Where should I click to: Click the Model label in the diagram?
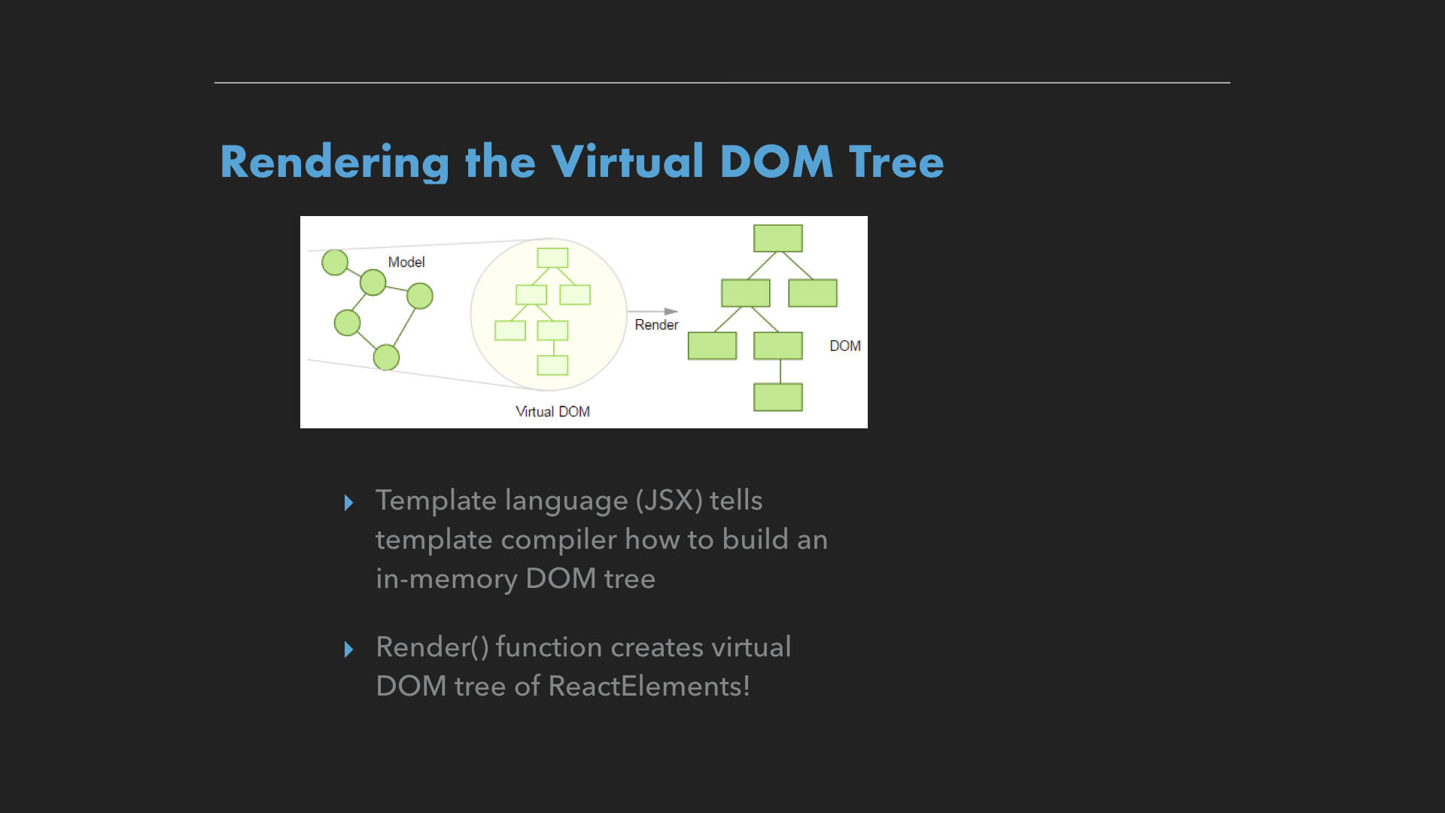coord(406,262)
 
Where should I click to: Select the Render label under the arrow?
coord(656,324)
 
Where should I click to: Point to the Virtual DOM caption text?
coord(552,412)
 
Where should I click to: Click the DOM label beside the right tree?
coord(845,346)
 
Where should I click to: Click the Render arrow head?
coord(671,311)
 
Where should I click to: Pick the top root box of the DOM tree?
coord(778,238)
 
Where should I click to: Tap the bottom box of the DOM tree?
coord(778,397)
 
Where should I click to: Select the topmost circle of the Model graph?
coord(335,262)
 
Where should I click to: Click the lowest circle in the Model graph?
coord(386,357)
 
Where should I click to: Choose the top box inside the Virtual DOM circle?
coord(552,257)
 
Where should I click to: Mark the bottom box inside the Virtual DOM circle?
coord(552,365)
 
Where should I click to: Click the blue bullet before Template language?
coord(348,502)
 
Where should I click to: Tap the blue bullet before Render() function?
coord(348,649)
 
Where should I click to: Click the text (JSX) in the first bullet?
coord(669,500)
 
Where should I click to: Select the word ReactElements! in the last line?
coord(649,686)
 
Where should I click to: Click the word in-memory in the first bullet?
coord(446,579)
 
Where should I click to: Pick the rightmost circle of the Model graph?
coord(420,296)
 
